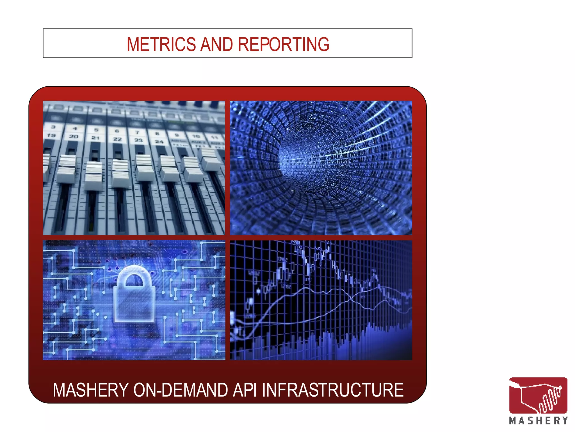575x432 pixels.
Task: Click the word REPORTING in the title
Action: pyautogui.click(x=284, y=44)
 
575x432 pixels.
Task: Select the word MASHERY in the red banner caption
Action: pyautogui.click(x=91, y=390)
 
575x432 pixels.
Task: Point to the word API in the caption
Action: pyautogui.click(x=245, y=390)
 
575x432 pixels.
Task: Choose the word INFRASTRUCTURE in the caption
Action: pyautogui.click(x=333, y=390)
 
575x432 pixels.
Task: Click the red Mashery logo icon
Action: pyautogui.click(x=538, y=395)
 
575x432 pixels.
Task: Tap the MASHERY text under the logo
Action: pyautogui.click(x=538, y=421)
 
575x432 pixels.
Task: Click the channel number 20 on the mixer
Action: pyautogui.click(x=74, y=137)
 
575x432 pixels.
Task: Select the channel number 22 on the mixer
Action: pyautogui.click(x=117, y=139)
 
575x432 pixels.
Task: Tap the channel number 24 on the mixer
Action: pyautogui.click(x=159, y=141)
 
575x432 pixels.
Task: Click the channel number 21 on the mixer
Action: pyautogui.click(x=96, y=138)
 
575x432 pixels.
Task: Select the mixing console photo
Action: pyautogui.click(x=134, y=168)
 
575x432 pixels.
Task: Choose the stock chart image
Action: pyautogui.click(x=321, y=300)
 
